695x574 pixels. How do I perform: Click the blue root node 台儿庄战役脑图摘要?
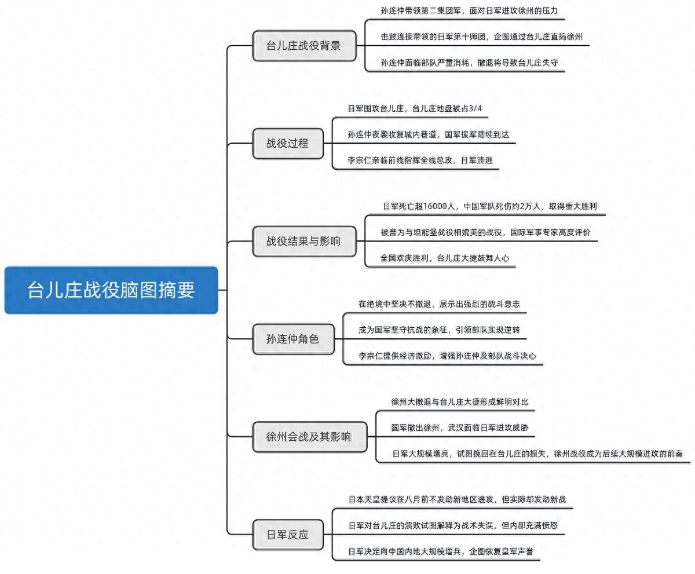coord(111,290)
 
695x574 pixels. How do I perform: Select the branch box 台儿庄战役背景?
coord(304,46)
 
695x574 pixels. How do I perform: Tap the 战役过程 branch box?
coord(288,144)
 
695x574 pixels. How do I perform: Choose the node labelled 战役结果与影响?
coord(304,241)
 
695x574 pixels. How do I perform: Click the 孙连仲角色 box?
coord(292,339)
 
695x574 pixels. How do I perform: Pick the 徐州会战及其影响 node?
coord(309,437)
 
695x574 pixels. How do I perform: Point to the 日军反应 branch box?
coord(287,534)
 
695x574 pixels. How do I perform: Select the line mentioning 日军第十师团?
coord(481,36)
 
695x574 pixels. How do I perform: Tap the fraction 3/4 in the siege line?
coord(474,108)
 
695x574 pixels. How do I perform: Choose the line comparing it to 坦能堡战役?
coord(485,232)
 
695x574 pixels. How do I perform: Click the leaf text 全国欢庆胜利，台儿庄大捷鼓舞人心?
coord(445,258)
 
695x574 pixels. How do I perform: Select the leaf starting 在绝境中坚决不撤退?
coord(439,304)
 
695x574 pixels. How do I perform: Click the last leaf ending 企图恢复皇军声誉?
coord(444,551)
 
